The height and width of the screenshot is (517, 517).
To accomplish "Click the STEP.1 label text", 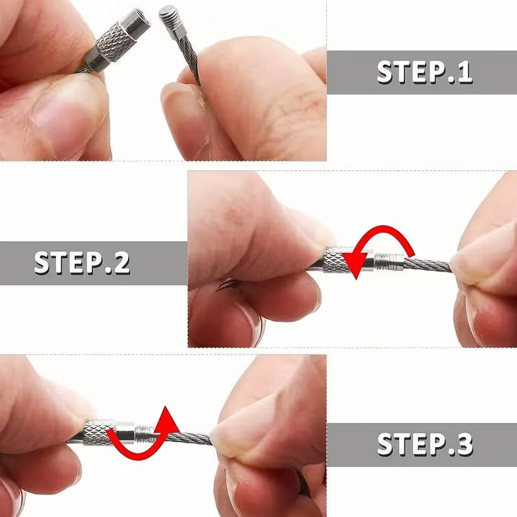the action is [x=425, y=72].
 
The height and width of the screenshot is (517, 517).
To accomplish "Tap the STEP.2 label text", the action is [x=82, y=263].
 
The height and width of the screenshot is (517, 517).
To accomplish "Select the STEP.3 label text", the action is [x=425, y=445].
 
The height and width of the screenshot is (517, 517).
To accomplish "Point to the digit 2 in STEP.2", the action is [x=121, y=263].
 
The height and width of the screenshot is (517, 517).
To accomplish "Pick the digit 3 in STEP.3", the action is [x=464, y=445].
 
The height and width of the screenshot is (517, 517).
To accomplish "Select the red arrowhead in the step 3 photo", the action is [x=167, y=419].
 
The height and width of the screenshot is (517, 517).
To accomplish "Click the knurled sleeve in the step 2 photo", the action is [x=334, y=260].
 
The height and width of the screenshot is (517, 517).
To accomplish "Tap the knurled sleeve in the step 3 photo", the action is [x=98, y=432].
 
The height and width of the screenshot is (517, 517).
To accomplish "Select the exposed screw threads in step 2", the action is [x=389, y=262].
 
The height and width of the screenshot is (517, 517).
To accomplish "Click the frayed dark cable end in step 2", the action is [x=226, y=284].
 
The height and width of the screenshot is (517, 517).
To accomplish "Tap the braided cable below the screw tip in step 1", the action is [x=190, y=59].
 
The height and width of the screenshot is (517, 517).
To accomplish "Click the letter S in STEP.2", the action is [x=42, y=263].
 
